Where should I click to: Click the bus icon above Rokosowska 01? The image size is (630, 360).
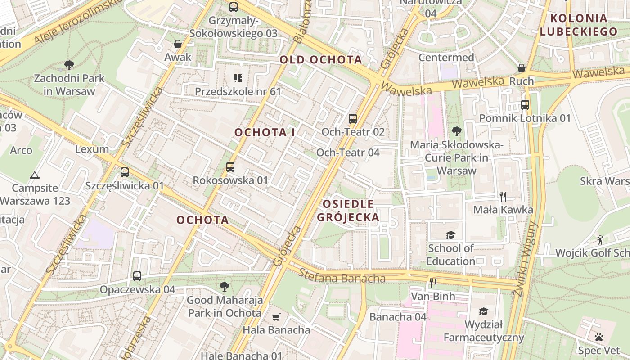[x=230, y=167]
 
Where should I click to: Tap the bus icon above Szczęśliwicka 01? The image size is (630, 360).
[x=125, y=172]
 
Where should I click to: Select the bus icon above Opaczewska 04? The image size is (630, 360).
[x=137, y=276]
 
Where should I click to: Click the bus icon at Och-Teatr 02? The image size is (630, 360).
[x=353, y=119]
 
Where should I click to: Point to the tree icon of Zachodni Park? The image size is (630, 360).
[x=69, y=65]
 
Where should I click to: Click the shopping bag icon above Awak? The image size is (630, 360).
[x=178, y=44]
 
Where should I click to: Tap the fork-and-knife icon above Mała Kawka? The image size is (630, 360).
[x=503, y=196]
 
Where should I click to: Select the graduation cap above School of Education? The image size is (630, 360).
[x=450, y=235]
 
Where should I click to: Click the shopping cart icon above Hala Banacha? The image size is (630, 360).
[x=276, y=317]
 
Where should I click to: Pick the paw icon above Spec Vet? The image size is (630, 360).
[x=598, y=337]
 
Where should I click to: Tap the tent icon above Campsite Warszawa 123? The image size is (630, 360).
[x=35, y=175]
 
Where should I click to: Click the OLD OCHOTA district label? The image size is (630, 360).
[x=321, y=60]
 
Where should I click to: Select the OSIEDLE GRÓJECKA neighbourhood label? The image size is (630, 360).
[x=348, y=211]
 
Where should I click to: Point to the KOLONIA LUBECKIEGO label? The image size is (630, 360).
[x=579, y=25]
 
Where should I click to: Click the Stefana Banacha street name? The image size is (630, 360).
[x=342, y=276]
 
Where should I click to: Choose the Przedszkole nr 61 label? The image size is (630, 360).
[x=238, y=92]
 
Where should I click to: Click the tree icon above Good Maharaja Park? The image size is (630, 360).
[x=224, y=286]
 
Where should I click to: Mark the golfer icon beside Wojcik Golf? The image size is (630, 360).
[x=600, y=240]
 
